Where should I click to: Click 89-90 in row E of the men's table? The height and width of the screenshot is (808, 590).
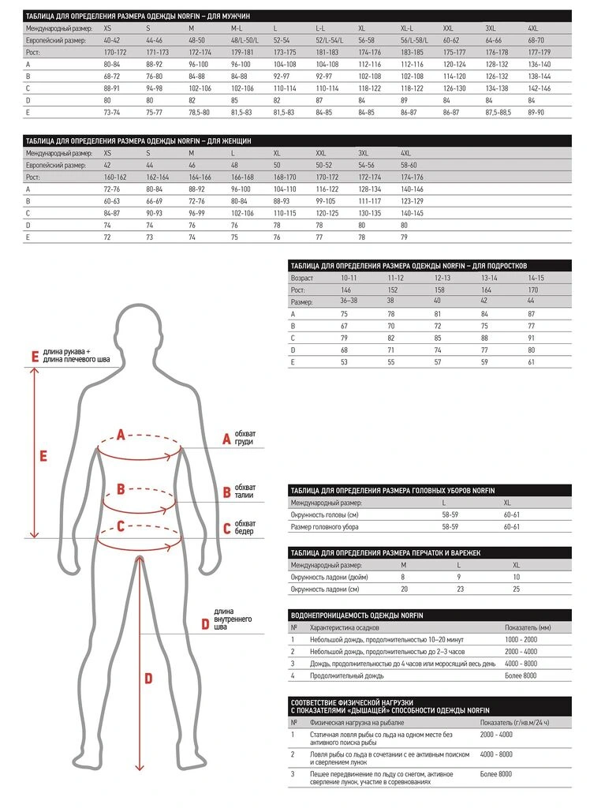click(x=537, y=113)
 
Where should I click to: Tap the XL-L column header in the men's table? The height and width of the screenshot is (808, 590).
click(x=409, y=27)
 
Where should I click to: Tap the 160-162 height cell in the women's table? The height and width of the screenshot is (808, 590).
click(x=115, y=178)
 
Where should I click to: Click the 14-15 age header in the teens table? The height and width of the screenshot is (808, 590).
click(x=536, y=279)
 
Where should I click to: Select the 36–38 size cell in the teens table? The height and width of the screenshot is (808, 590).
click(x=349, y=300)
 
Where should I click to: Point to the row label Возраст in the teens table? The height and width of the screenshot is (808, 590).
click(x=302, y=279)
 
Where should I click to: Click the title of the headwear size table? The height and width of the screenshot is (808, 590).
click(x=393, y=490)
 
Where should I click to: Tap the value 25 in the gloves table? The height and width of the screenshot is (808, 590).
click(x=517, y=589)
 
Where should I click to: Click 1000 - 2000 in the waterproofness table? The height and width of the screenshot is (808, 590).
click(x=521, y=639)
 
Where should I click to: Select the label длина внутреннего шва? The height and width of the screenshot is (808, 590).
click(x=232, y=619)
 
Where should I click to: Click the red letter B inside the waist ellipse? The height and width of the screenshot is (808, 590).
click(x=121, y=489)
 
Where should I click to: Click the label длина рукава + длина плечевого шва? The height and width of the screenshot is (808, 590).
click(x=77, y=356)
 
